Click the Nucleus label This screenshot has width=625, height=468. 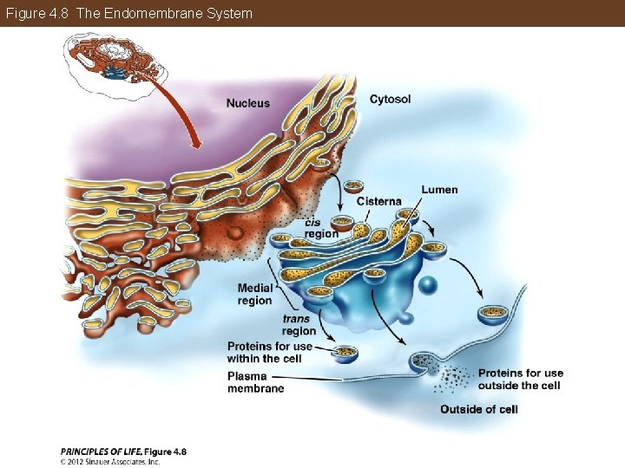tap(247, 104)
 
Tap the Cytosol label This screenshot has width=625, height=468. tap(390, 100)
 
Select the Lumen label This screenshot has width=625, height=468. tap(439, 190)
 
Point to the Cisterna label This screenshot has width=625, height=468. tap(378, 202)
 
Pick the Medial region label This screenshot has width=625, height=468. tap(254, 294)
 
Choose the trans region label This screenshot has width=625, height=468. tap(299, 325)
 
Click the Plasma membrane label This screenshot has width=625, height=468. tap(255, 382)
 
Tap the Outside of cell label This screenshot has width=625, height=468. tap(478, 409)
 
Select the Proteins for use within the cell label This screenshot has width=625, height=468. tap(270, 353)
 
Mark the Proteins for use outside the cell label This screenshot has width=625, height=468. tap(520, 380)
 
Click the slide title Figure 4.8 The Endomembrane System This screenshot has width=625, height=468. tap(129, 13)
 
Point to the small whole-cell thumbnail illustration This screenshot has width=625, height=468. tap(116, 57)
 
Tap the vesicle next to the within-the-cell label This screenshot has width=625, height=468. tap(346, 353)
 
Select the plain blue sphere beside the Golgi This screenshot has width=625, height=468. tap(427, 285)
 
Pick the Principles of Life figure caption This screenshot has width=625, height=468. tap(123, 451)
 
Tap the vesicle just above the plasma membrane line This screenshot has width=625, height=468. tap(494, 313)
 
